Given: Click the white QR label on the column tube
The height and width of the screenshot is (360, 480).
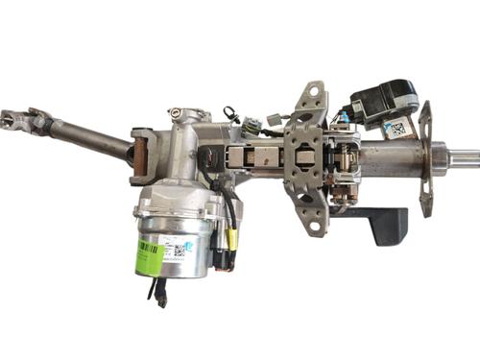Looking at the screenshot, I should point(396,128).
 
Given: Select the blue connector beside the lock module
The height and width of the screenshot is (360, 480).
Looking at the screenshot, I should point(343,119).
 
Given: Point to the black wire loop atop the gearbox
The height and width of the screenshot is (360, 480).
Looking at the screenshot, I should point(231,113).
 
